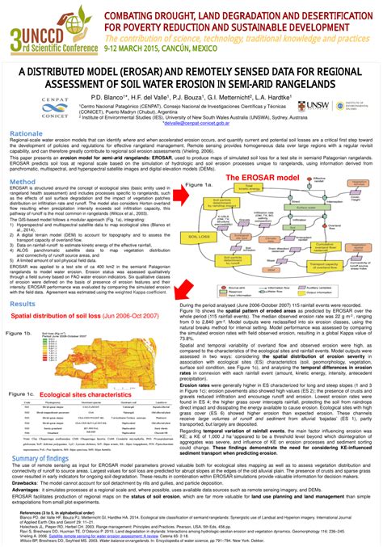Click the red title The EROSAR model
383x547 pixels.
(255, 177)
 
